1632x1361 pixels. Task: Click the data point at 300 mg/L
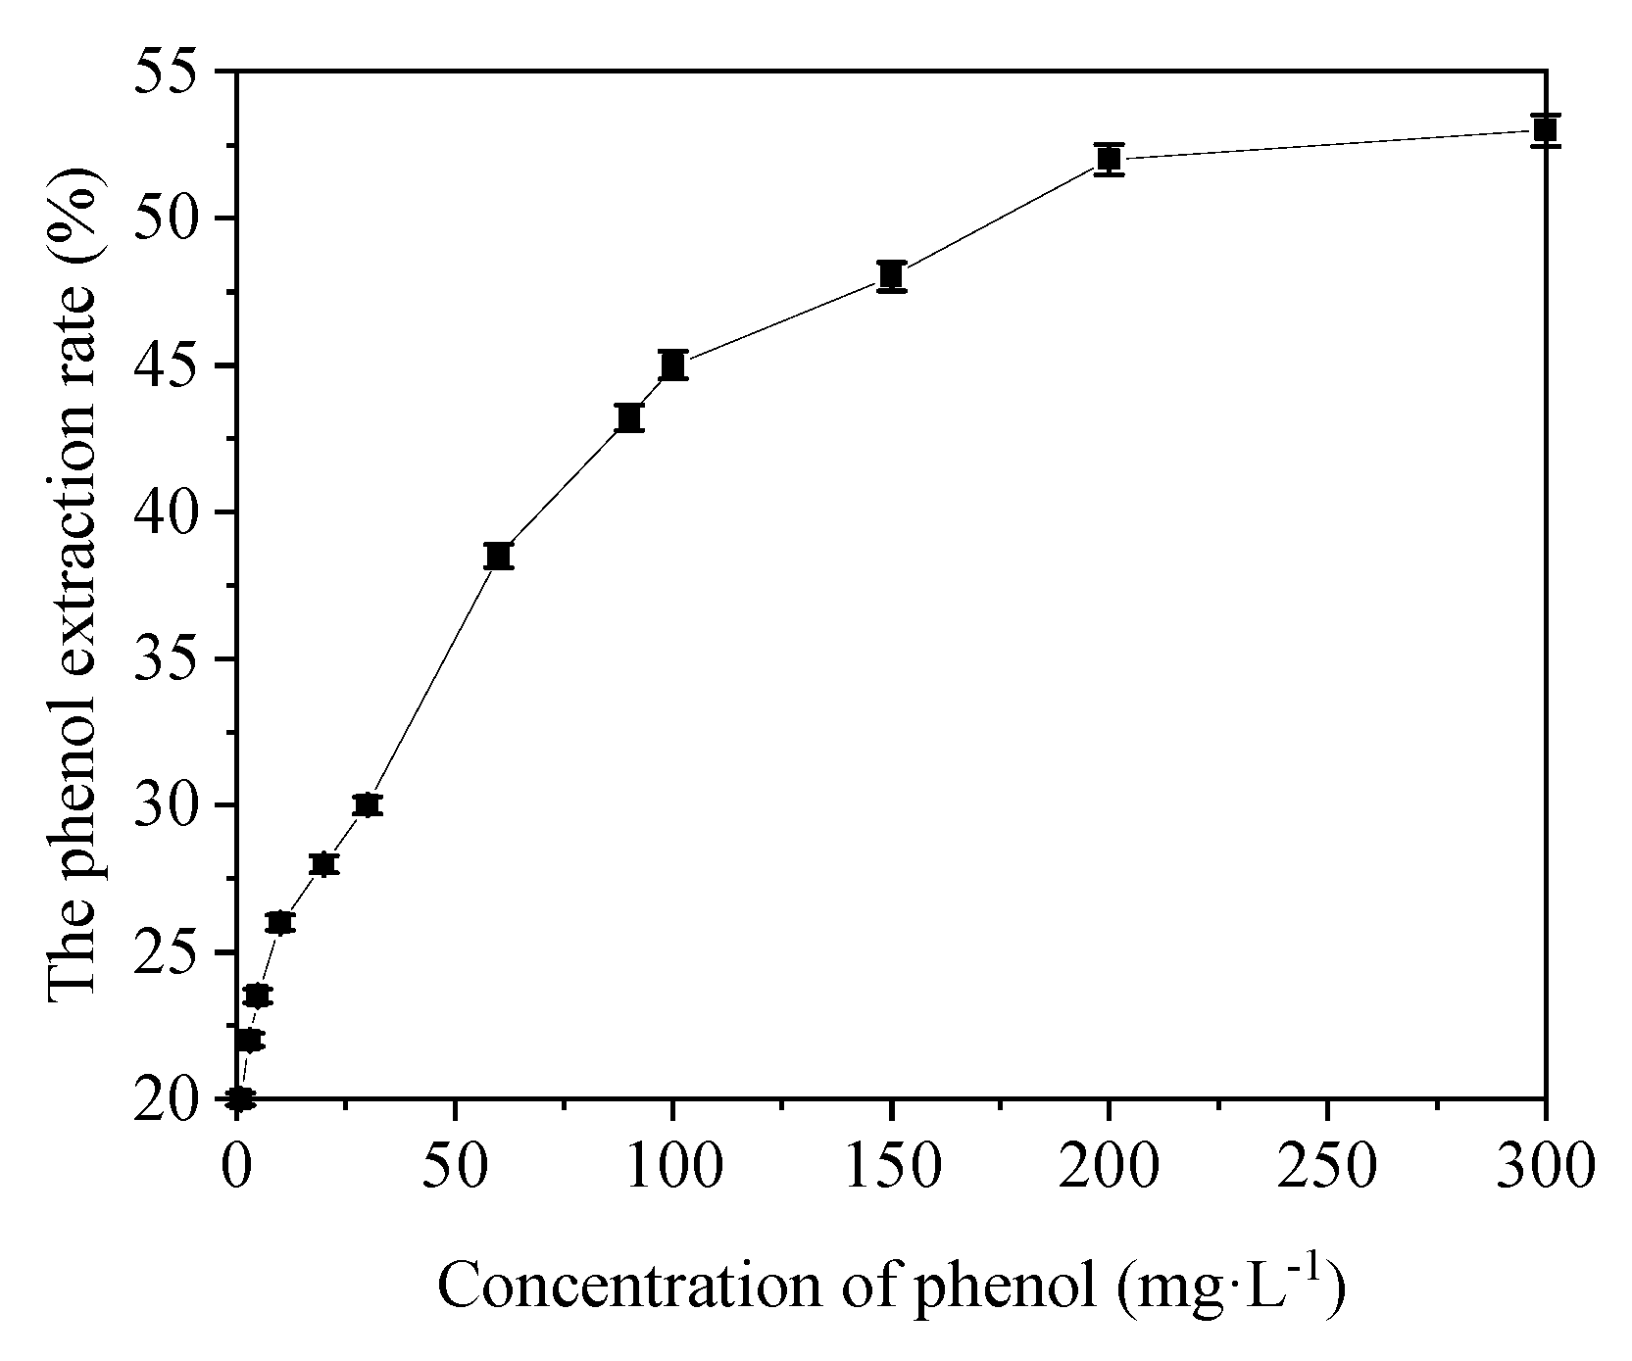(1545, 129)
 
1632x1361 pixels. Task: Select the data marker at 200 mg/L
(1109, 159)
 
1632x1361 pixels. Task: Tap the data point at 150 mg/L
(891, 276)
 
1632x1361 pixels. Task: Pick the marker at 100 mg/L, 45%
(672, 365)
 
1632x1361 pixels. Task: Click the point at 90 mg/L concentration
(629, 417)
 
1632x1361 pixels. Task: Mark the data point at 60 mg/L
(498, 556)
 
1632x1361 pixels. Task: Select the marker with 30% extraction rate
(367, 805)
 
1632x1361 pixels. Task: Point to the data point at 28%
(323, 864)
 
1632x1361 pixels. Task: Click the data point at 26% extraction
(279, 923)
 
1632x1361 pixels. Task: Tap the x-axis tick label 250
(1326, 1168)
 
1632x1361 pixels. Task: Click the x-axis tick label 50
(455, 1168)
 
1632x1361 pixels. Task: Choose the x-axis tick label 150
(891, 1168)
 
